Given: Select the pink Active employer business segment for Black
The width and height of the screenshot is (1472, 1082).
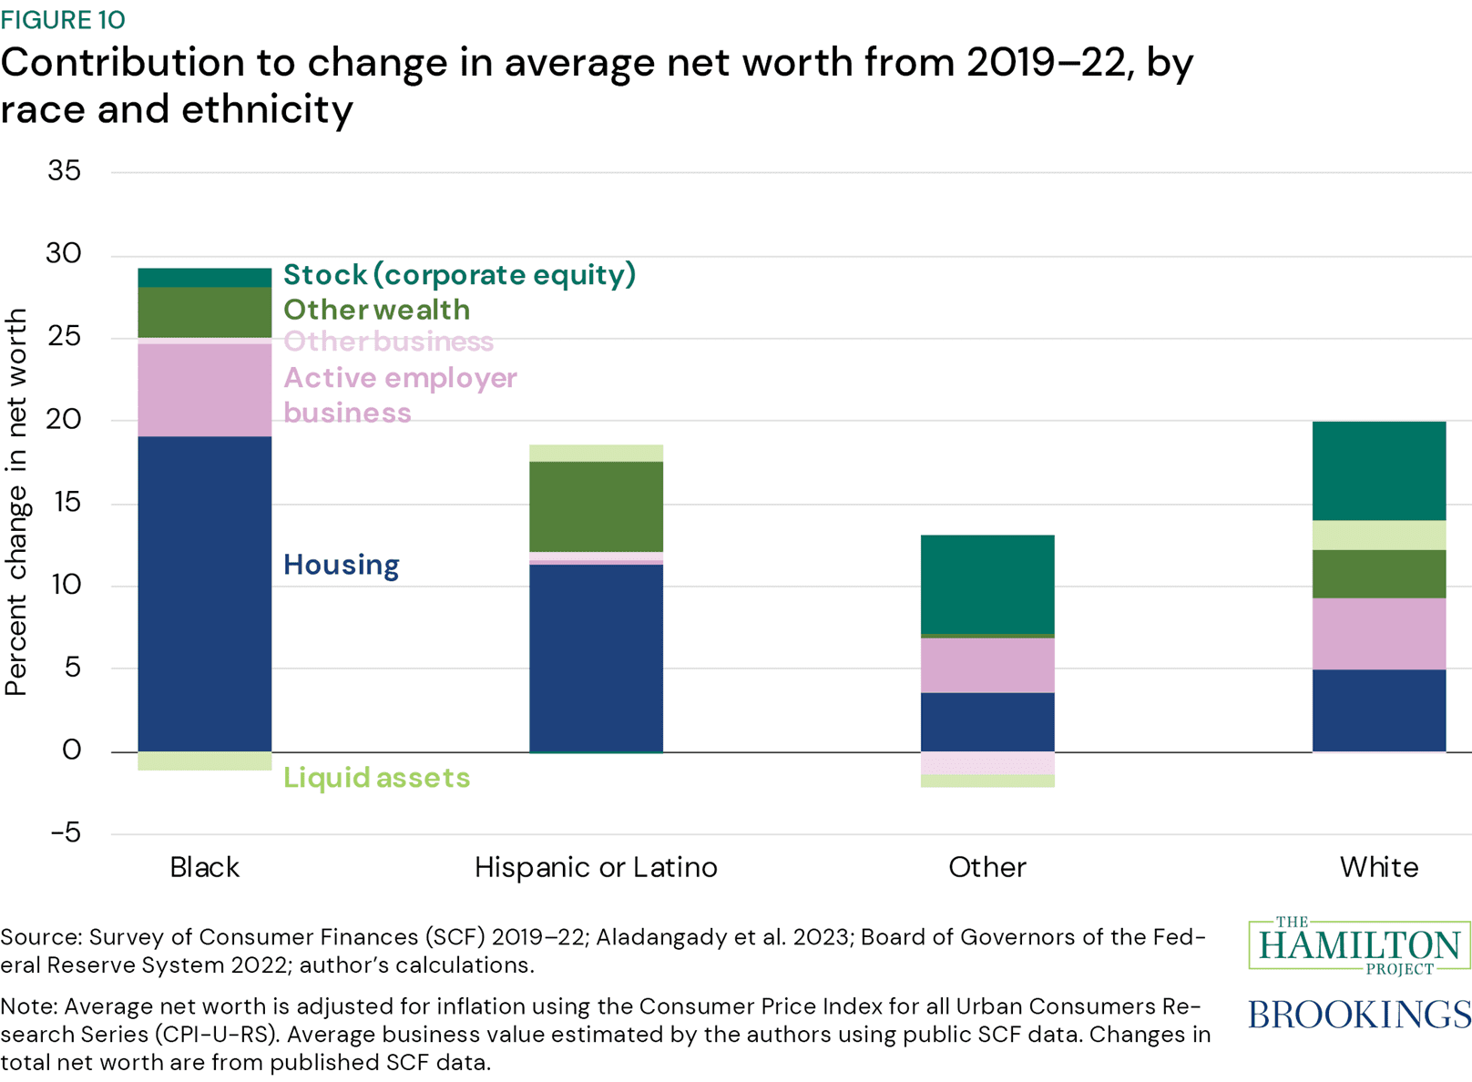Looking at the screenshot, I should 204,390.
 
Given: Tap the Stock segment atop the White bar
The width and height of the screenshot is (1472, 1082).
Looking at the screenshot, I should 1378,471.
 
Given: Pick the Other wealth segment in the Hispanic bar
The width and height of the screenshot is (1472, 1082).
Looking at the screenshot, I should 596,506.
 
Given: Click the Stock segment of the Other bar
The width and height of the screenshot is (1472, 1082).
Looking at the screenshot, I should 987,584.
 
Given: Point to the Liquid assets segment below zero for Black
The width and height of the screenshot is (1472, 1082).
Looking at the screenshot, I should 204,761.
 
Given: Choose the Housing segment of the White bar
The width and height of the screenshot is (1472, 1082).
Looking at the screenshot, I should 1378,710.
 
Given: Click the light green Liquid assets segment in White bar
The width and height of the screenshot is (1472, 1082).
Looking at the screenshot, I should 1378,536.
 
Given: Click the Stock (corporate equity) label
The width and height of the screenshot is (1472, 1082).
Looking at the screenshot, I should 459,274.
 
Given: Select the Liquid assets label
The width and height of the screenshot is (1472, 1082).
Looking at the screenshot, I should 376,778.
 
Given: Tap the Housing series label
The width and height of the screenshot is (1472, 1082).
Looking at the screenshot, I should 341,565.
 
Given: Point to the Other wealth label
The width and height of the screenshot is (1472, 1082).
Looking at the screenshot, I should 376,310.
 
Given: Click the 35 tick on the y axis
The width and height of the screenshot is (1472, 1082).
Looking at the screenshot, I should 65,171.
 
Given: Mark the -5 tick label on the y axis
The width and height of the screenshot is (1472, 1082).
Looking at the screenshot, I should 65,833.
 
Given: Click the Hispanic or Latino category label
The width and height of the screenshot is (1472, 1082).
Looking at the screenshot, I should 596,867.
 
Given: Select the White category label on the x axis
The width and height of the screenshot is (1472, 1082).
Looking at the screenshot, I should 1378,867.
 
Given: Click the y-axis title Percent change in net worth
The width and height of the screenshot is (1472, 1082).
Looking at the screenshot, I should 16,503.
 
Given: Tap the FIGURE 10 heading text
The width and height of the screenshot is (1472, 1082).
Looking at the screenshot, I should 63,19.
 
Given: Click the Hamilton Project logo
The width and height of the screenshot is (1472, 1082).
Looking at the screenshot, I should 1358,945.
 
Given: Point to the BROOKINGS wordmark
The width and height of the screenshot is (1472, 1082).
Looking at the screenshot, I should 1358,1014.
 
